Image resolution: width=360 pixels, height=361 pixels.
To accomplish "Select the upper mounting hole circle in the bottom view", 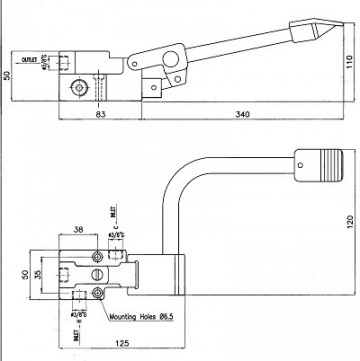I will (x=98, y=254).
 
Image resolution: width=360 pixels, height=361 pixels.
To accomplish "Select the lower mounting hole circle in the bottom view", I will (x=98, y=292).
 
